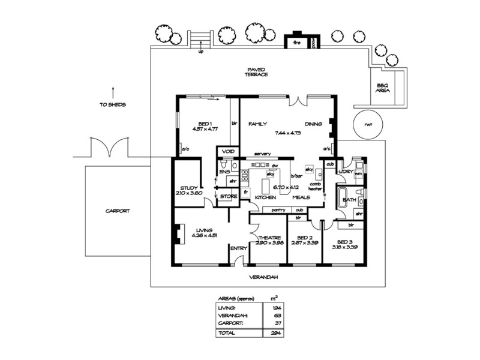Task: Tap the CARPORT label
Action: coord(118,211)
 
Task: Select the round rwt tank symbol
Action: coord(368,124)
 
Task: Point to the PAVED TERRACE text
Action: coord(255,71)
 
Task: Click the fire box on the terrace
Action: coord(296,43)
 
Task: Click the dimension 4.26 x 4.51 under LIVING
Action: coord(203,236)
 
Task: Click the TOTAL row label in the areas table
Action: coord(226,332)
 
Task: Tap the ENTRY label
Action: coord(239,248)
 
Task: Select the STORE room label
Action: coord(227,196)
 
